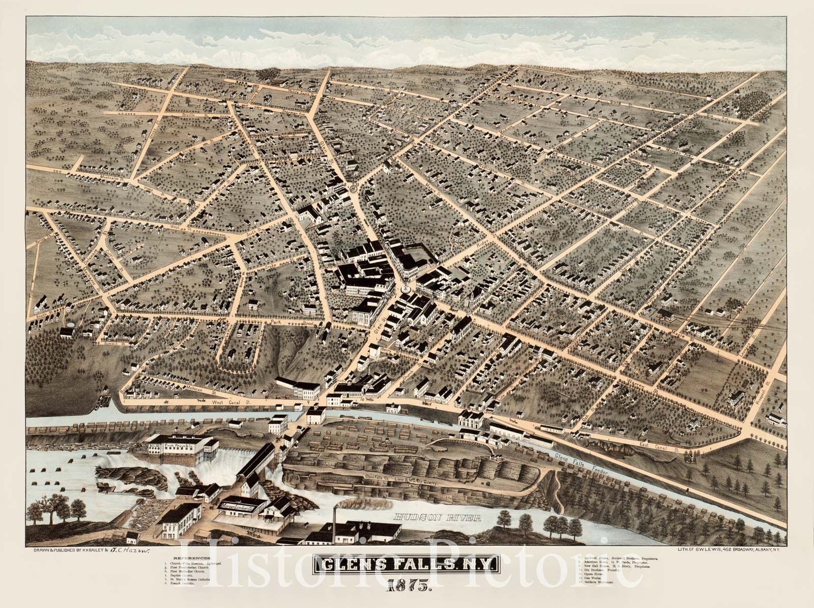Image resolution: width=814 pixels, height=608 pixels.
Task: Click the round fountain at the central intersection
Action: [405, 288]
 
